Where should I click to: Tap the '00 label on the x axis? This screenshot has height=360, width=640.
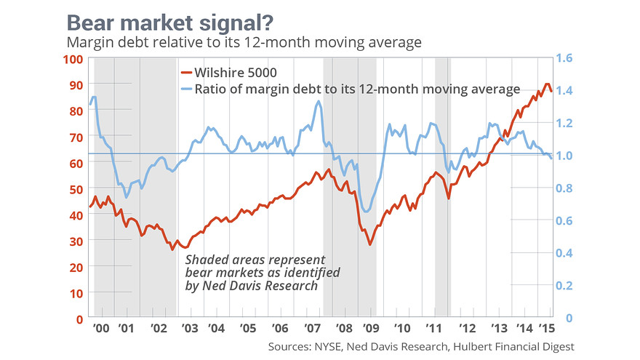point(101,328)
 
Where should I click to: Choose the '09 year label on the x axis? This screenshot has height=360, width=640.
point(371,328)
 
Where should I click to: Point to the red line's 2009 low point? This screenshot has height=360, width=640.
point(370,244)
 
